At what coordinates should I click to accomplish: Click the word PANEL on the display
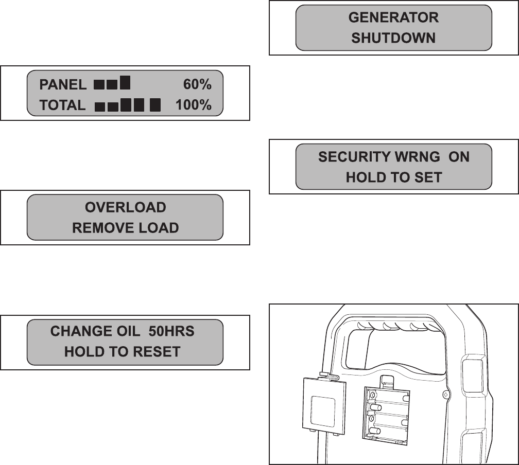coord(63,84)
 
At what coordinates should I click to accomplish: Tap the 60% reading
coord(197,84)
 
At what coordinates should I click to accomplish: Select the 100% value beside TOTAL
coord(193,105)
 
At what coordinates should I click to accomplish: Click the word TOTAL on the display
coord(62,105)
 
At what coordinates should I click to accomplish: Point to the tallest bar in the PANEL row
coord(125,82)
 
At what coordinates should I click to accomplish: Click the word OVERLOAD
coord(125,207)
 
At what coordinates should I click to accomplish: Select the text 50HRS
coord(171,331)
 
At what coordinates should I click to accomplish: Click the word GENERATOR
coord(393,17)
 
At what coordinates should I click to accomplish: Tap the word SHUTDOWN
coord(393,38)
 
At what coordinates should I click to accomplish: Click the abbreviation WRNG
coord(412,157)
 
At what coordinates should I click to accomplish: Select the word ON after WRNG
coord(459,157)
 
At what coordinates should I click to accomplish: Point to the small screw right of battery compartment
coord(446,395)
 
